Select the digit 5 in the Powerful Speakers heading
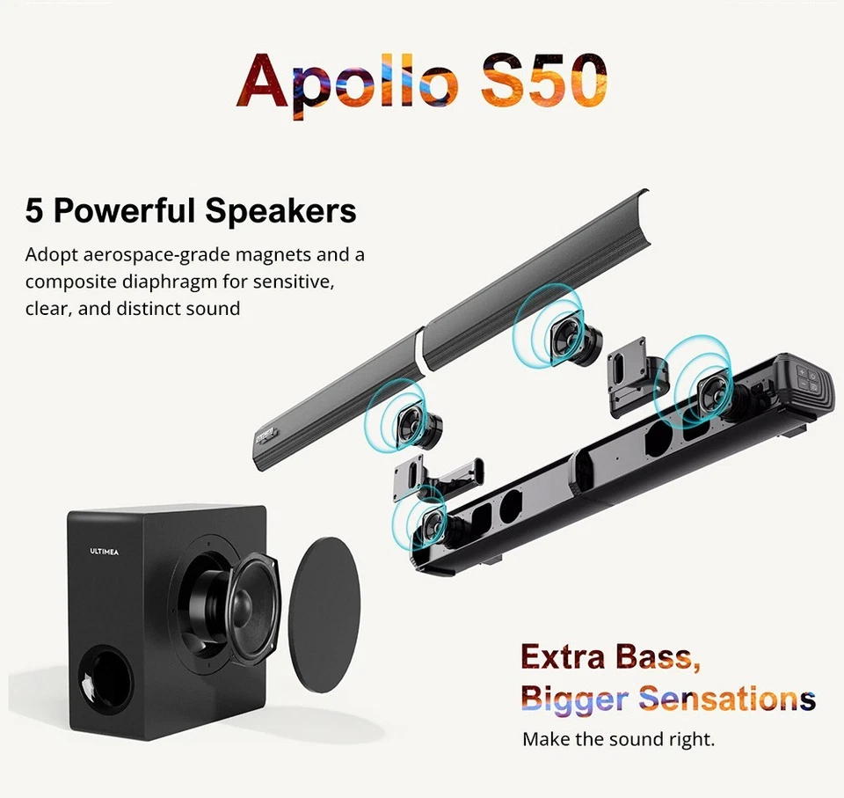(34, 212)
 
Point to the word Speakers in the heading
(280, 212)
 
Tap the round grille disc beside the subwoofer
(324, 611)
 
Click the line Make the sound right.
(619, 739)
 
